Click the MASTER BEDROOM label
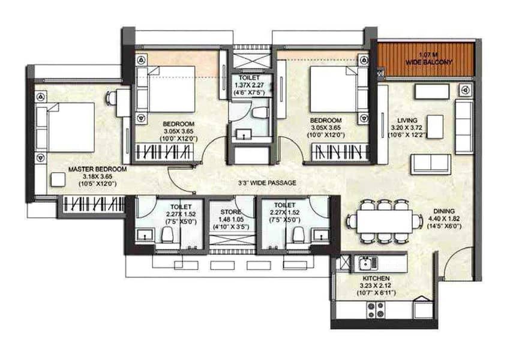97,169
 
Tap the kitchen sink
368,263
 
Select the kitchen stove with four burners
376,310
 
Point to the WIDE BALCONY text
428,62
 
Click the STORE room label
230,212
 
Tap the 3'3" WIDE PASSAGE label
267,183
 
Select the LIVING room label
407,121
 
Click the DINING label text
444,211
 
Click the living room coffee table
435,127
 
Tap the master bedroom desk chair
111,98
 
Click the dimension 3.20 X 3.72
407,128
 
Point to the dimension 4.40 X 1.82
444,218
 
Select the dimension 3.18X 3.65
97,177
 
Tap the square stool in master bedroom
58,179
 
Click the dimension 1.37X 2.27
249,85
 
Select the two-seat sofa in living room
430,164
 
